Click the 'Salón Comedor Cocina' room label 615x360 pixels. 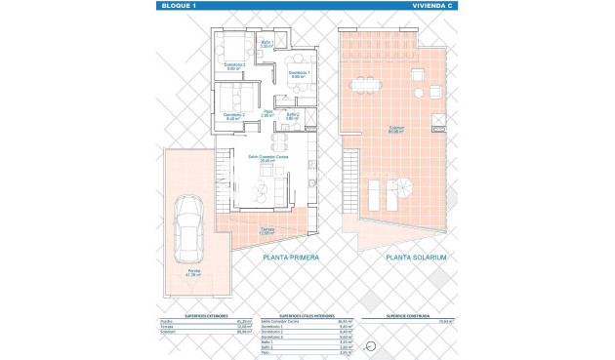tap(265, 160)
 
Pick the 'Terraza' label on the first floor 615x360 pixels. tap(266, 231)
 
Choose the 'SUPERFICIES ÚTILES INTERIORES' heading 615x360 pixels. tap(305, 316)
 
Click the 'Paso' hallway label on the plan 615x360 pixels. tap(267, 113)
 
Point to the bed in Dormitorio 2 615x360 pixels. tap(233, 99)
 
